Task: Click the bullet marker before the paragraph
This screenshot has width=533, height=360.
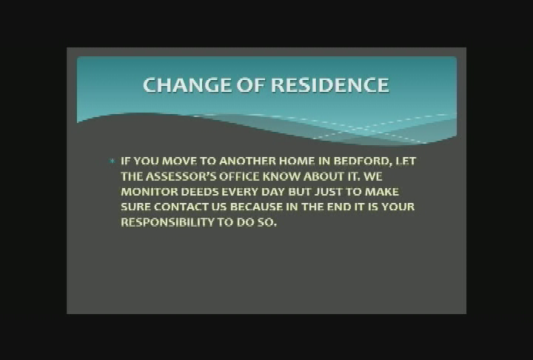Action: pyautogui.click(x=112, y=161)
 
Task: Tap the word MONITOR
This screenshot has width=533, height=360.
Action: pyautogui.click(x=146, y=192)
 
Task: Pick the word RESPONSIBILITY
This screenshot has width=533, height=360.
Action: pyautogui.click(x=167, y=223)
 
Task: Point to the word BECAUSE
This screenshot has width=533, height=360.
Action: pyautogui.click(x=263, y=207)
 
